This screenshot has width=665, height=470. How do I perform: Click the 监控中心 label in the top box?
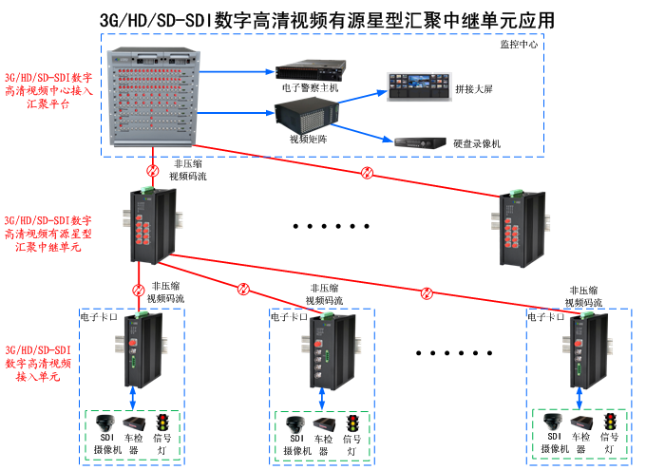[x=519, y=45]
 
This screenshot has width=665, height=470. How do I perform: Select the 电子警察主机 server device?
[x=308, y=72]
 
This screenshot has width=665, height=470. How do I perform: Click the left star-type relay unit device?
[x=152, y=224]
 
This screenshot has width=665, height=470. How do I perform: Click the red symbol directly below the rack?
[x=152, y=171]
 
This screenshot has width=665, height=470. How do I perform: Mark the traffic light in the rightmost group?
[x=610, y=421]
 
